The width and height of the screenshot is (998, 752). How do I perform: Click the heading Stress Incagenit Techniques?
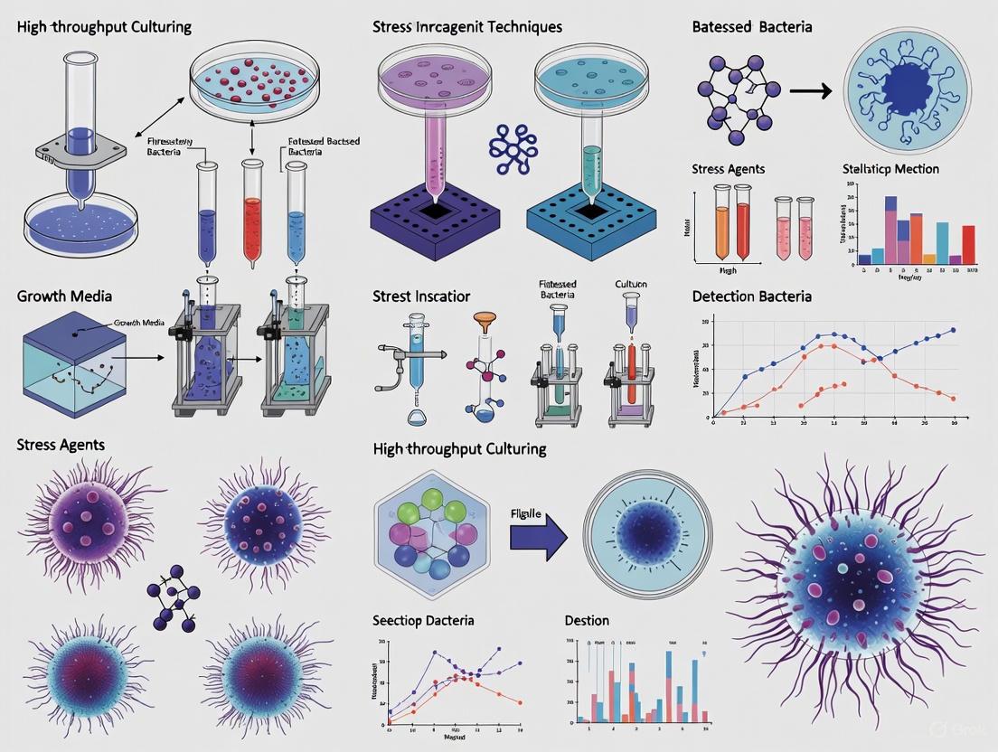[x=466, y=26]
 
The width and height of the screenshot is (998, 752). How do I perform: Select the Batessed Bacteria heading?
[x=752, y=26]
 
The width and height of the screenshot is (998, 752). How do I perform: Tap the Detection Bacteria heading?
[x=751, y=296]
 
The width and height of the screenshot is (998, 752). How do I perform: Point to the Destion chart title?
[x=587, y=620]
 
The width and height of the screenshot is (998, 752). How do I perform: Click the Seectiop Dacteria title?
[x=423, y=620]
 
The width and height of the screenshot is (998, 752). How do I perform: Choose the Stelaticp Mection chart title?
[x=890, y=169]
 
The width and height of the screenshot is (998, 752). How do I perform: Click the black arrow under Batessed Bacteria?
[x=810, y=90]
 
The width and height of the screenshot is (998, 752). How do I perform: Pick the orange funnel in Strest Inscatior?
[x=484, y=322]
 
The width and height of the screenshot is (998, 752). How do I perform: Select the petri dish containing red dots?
[x=258, y=82]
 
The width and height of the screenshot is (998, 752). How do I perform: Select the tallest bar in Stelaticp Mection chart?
[x=890, y=230]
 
